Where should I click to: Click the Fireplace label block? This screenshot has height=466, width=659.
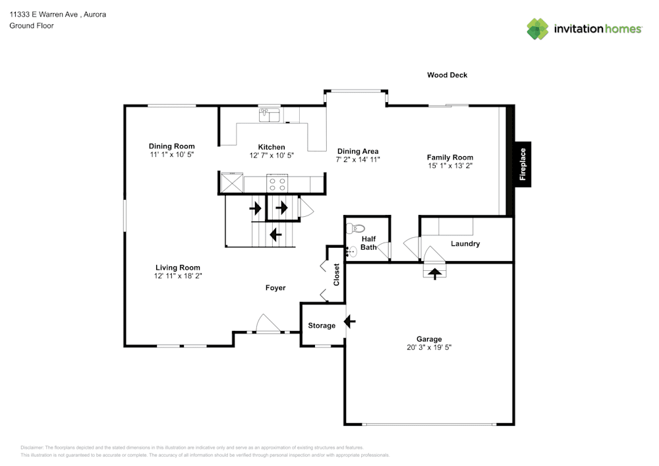pos(523,164)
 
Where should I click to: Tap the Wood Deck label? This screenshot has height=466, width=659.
pos(447,75)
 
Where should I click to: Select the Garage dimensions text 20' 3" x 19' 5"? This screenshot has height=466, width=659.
pos(429,347)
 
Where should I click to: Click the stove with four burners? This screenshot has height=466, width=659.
pos(276,183)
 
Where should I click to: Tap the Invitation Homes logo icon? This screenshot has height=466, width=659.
pos(537,29)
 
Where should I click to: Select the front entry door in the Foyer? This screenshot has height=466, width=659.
pos(267,326)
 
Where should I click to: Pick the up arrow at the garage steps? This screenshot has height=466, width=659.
pos(434,272)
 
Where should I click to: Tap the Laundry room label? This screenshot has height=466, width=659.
pos(465,244)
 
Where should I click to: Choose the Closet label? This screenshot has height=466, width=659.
pos(336,275)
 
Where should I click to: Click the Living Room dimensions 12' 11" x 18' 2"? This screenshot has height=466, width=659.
pos(178,276)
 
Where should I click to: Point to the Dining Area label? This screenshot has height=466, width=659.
pos(357,151)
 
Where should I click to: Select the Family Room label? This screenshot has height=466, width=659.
pos(450,158)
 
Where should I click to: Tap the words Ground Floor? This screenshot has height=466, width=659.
pos(32,26)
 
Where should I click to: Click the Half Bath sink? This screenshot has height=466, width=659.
pos(353,250)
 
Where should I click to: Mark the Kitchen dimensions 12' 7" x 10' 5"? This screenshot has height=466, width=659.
pos(272,156)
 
